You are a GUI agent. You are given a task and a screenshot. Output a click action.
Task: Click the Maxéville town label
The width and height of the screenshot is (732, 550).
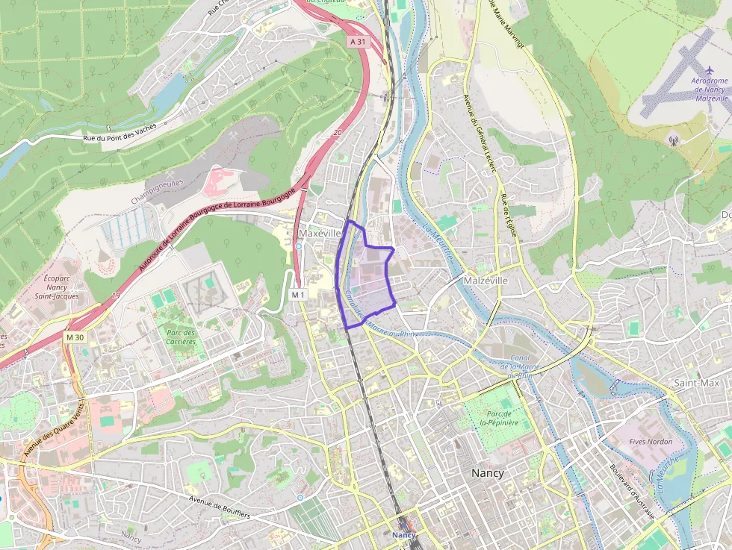[320, 234]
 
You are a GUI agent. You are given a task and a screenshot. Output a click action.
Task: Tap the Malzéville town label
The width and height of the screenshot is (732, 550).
[486, 280]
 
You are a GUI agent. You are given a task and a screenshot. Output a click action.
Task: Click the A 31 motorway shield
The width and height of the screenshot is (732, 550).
[359, 43]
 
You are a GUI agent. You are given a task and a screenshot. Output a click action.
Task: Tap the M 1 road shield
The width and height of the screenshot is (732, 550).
[298, 295]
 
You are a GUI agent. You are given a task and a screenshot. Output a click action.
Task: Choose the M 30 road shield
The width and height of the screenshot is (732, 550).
[75, 337]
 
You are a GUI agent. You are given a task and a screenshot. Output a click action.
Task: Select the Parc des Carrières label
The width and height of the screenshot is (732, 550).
[181, 337]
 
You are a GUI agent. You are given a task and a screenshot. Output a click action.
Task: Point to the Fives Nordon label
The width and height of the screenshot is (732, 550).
[651, 442]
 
